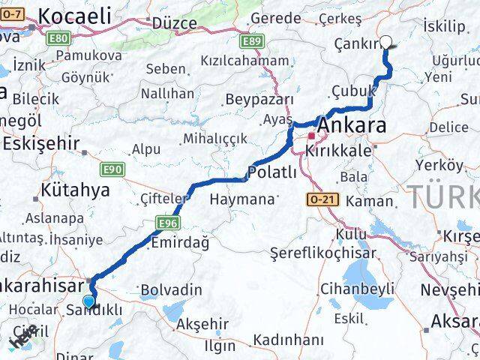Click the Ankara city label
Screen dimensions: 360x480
[x=353, y=125]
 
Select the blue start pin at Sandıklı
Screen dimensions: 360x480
[x=90, y=301]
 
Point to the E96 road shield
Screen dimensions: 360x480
[x=166, y=223]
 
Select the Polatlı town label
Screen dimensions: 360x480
[x=273, y=172]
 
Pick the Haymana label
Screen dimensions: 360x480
[x=242, y=199]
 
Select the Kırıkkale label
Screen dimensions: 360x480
[x=337, y=151]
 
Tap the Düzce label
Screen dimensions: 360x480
[x=174, y=22]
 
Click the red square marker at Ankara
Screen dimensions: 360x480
[x=311, y=136]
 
